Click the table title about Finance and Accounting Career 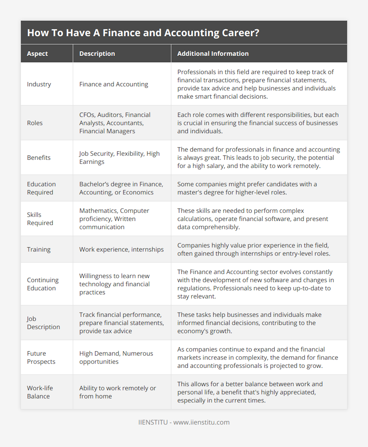pyautogui.click(x=143, y=33)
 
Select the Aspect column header pyautogui.click(x=37, y=54)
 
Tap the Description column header pyautogui.click(x=97, y=54)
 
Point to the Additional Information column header pyautogui.click(x=213, y=54)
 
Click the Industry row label pyautogui.click(x=39, y=84)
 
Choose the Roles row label pyautogui.click(x=35, y=123)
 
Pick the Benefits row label pyautogui.click(x=39, y=158)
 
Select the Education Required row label pyautogui.click(x=41, y=188)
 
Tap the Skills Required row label pyautogui.click(x=40, y=219)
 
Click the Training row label pyautogui.click(x=39, y=249)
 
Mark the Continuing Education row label pyautogui.click(x=43, y=284)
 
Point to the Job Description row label pyautogui.click(x=43, y=323)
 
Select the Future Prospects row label pyautogui.click(x=41, y=357)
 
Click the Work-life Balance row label pyautogui.click(x=40, y=392)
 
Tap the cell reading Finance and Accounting pyautogui.click(x=113, y=84)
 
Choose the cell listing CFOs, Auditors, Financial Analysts pyautogui.click(x=115, y=123)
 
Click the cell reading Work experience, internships pyautogui.click(x=121, y=249)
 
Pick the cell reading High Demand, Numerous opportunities pyautogui.click(x=116, y=357)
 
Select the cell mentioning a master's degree pyautogui.click(x=247, y=188)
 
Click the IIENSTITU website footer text pyautogui.click(x=184, y=422)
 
